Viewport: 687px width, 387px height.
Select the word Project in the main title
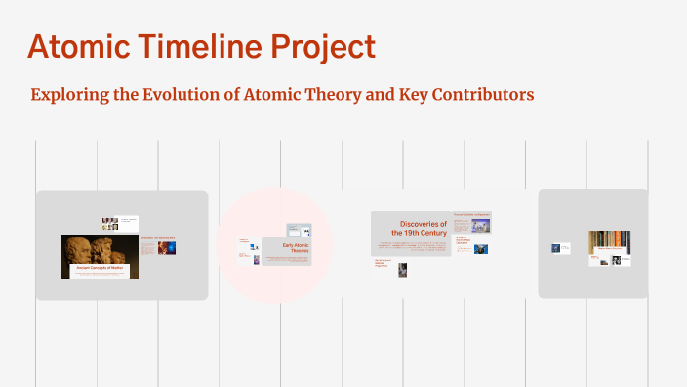pos(323,47)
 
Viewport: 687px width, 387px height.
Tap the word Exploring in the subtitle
pos(68,95)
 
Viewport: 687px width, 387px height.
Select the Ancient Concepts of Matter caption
pos(100,267)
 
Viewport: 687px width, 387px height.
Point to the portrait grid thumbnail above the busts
pos(110,223)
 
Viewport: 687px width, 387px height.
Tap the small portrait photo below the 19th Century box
pos(402,269)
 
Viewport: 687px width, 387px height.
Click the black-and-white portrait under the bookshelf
pos(617,261)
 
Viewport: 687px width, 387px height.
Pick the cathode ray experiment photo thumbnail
pos(481,226)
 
